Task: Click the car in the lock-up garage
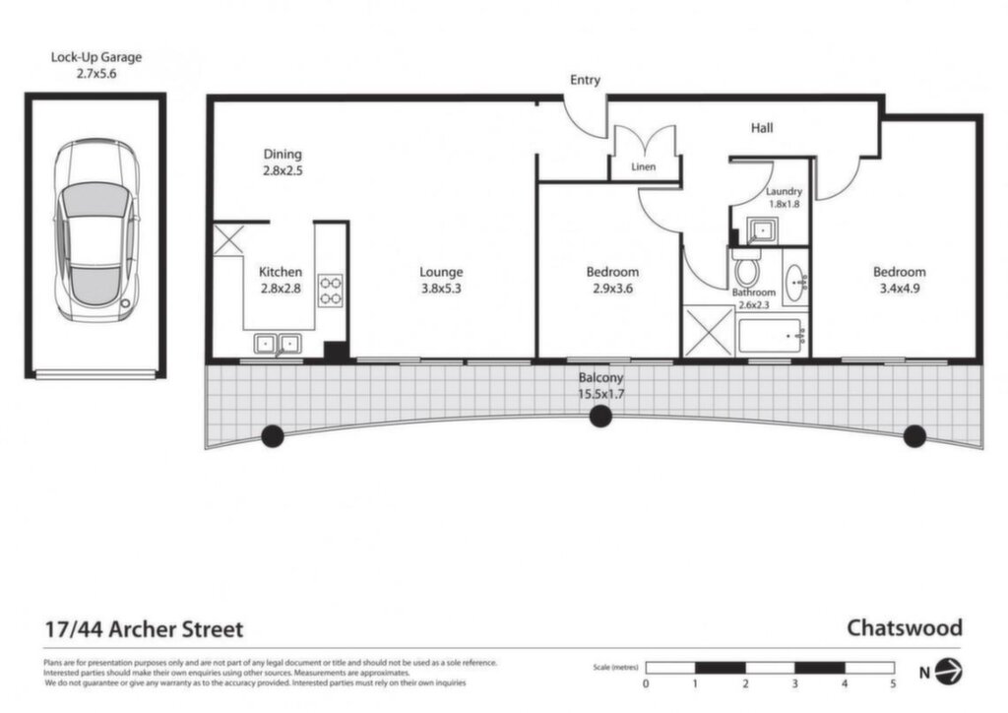click(x=96, y=230)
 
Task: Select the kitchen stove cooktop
click(x=331, y=290)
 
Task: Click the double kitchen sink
click(x=277, y=344)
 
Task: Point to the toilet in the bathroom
click(x=746, y=268)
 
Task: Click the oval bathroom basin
click(x=795, y=283)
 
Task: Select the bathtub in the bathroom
click(x=770, y=335)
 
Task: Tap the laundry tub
click(x=762, y=230)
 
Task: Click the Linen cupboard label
click(x=644, y=166)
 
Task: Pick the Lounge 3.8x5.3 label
click(x=442, y=281)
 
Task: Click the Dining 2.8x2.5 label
click(x=283, y=162)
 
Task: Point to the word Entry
click(x=585, y=80)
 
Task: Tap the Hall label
click(x=762, y=128)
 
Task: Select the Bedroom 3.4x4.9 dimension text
click(x=900, y=289)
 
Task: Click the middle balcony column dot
click(x=600, y=417)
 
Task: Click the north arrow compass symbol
click(x=948, y=672)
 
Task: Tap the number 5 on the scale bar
click(x=894, y=684)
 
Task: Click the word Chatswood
click(x=905, y=627)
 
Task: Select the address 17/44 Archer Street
click(x=144, y=628)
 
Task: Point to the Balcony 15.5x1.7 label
click(x=601, y=386)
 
